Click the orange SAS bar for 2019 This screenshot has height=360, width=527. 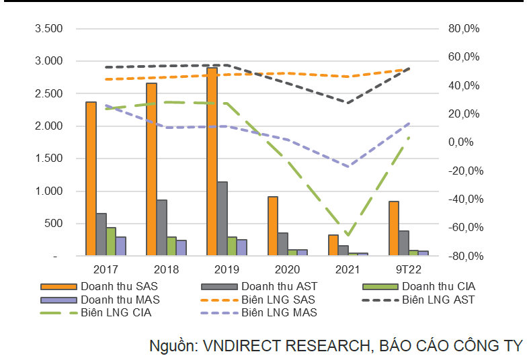coord(212,161)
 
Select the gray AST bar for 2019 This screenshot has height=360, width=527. coord(222,218)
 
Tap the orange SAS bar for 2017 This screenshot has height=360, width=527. coord(91,179)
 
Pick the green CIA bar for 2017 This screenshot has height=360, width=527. coord(111,242)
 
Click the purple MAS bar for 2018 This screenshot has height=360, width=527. coord(181,248)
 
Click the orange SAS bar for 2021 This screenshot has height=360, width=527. coord(333,245)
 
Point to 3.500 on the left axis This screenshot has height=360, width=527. coord(48,29)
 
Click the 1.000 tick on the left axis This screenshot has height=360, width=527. coord(48,191)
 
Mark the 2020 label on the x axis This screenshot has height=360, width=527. coord(282,269)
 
